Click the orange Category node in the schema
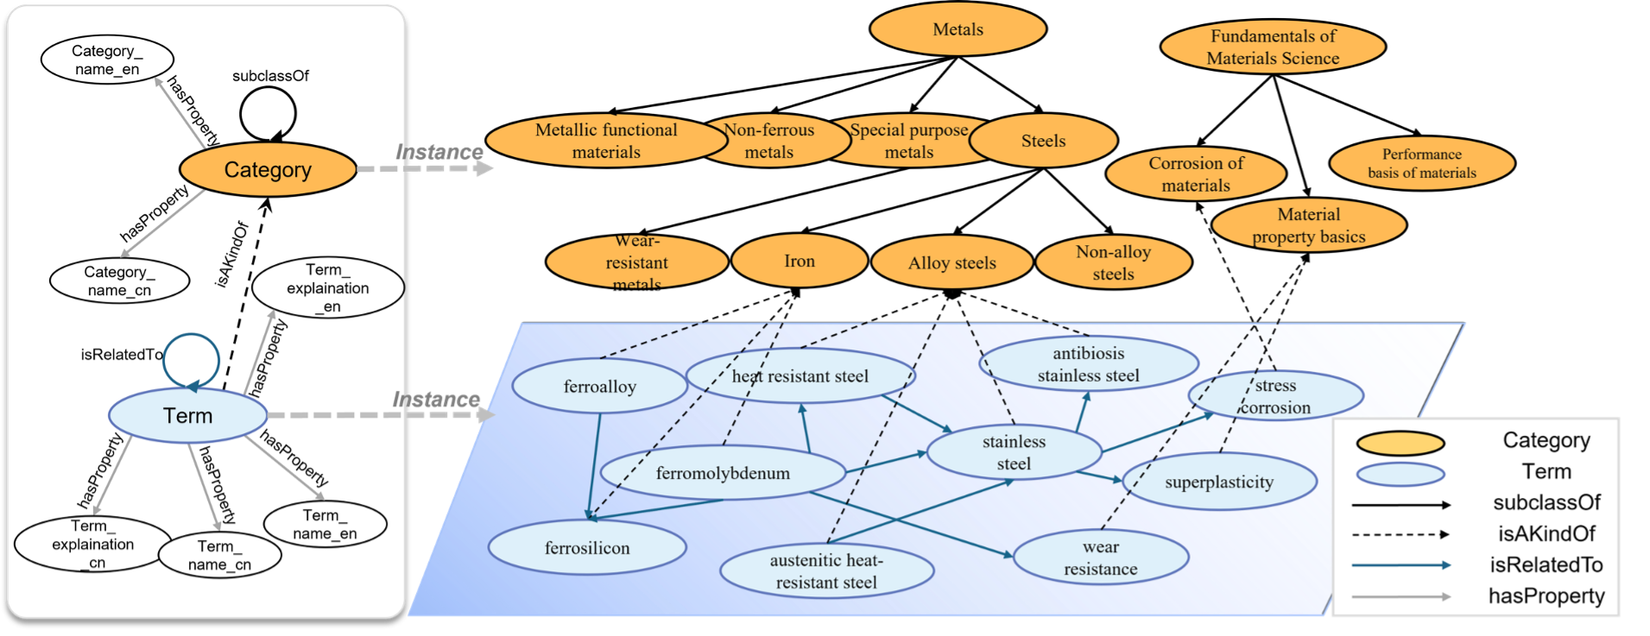click(x=268, y=170)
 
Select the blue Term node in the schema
click(x=187, y=416)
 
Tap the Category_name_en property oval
click(x=107, y=60)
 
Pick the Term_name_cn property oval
click(x=219, y=556)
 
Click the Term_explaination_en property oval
click(x=327, y=288)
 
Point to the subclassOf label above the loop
click(x=270, y=76)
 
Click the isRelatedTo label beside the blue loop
click(x=122, y=355)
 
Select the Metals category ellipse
click(x=958, y=29)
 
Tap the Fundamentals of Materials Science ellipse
click(x=1273, y=47)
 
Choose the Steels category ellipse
click(x=1043, y=141)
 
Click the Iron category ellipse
click(x=800, y=261)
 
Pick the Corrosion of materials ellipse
click(x=1196, y=173)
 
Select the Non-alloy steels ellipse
click(x=1113, y=263)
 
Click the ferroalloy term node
click(x=599, y=387)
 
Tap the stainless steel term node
click(x=1014, y=452)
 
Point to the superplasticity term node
click(x=1218, y=482)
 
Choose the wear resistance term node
click(x=1100, y=557)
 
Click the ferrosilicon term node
click(x=587, y=548)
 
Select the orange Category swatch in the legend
click(x=1400, y=444)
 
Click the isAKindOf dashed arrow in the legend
click(x=1400, y=534)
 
